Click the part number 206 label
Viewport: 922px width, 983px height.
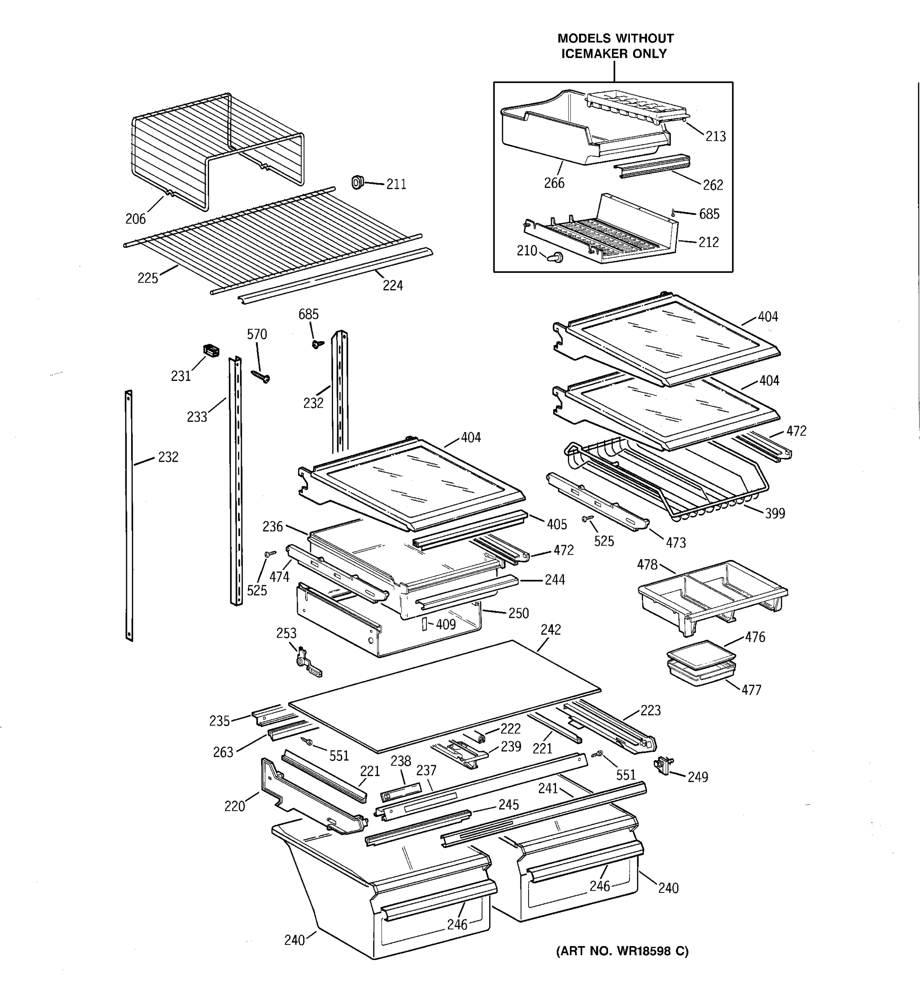click(135, 219)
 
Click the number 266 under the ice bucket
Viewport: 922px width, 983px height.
click(554, 183)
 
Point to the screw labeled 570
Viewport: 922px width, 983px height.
click(261, 377)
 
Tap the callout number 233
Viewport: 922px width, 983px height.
click(196, 417)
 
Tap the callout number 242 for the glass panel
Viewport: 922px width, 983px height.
click(550, 630)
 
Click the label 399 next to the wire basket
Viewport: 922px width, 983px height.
click(774, 513)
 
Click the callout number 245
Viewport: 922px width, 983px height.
click(508, 804)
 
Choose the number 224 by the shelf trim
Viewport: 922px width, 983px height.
click(392, 285)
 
